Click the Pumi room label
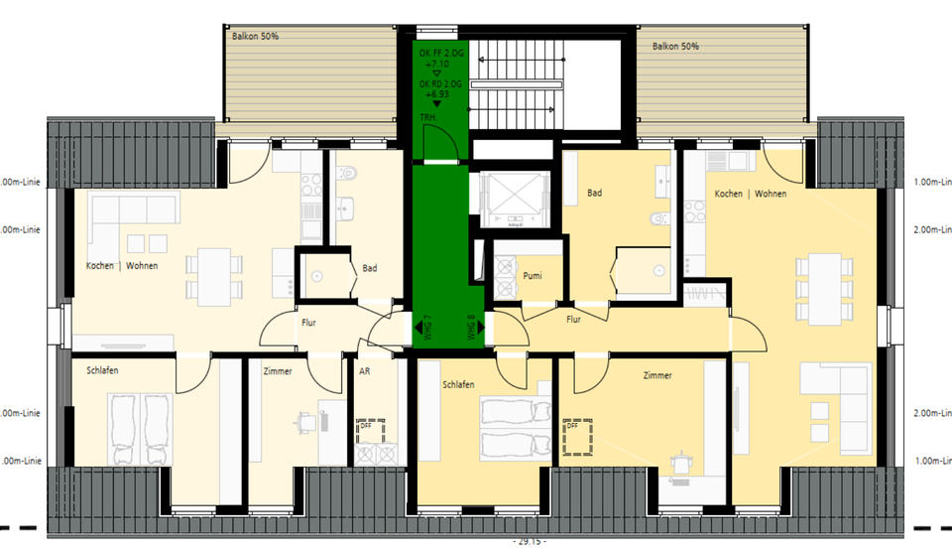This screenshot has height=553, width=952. (x=533, y=274)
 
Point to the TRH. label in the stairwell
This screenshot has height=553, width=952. (x=429, y=117)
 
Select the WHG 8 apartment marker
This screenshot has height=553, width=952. (x=471, y=329)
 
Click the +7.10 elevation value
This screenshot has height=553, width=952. (x=436, y=64)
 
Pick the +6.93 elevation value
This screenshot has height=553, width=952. (x=436, y=96)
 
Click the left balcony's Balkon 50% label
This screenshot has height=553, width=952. (x=255, y=36)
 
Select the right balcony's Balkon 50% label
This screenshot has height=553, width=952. (x=675, y=46)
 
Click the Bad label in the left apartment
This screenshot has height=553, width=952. (x=369, y=268)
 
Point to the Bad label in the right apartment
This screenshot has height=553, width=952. (x=594, y=193)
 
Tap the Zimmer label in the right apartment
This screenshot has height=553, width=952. (x=657, y=375)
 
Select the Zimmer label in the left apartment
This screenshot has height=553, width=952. (x=278, y=371)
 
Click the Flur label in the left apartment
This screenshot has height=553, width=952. (x=308, y=322)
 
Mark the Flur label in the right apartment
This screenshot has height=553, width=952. (x=573, y=320)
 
